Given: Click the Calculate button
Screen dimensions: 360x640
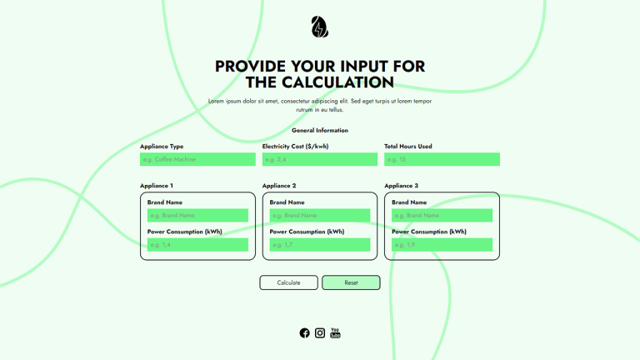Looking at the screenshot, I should pyautogui.click(x=288, y=282).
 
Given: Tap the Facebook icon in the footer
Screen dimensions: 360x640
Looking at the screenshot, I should pyautogui.click(x=304, y=333).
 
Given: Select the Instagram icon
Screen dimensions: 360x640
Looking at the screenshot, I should pyautogui.click(x=320, y=333).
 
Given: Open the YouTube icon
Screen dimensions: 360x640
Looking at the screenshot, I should pyautogui.click(x=335, y=333).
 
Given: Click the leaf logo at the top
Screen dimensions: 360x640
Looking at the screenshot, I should pyautogui.click(x=320, y=27).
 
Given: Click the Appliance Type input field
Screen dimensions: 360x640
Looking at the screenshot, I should pyautogui.click(x=197, y=159).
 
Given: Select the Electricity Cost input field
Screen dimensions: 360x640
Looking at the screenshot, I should pyautogui.click(x=320, y=159).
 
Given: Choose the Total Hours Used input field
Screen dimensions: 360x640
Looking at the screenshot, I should pyautogui.click(x=442, y=159).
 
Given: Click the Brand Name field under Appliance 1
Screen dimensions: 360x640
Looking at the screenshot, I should pyautogui.click(x=197, y=215).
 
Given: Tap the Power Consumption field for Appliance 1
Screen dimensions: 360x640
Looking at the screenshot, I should pyautogui.click(x=197, y=245).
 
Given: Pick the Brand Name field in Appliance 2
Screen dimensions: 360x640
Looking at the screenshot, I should pyautogui.click(x=320, y=215).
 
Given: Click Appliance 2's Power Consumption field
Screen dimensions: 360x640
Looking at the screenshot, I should pyautogui.click(x=320, y=245).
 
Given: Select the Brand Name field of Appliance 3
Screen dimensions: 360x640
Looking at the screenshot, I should pyautogui.click(x=442, y=215).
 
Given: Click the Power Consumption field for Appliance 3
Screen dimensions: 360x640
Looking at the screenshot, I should pyautogui.click(x=442, y=245).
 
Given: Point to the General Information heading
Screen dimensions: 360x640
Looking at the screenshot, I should pyautogui.click(x=320, y=131).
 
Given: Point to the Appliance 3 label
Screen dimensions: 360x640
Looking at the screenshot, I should pyautogui.click(x=402, y=186).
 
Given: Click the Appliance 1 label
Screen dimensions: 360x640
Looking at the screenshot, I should pyautogui.click(x=157, y=186).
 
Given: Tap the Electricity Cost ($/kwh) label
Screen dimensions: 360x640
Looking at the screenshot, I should pyautogui.click(x=295, y=147).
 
